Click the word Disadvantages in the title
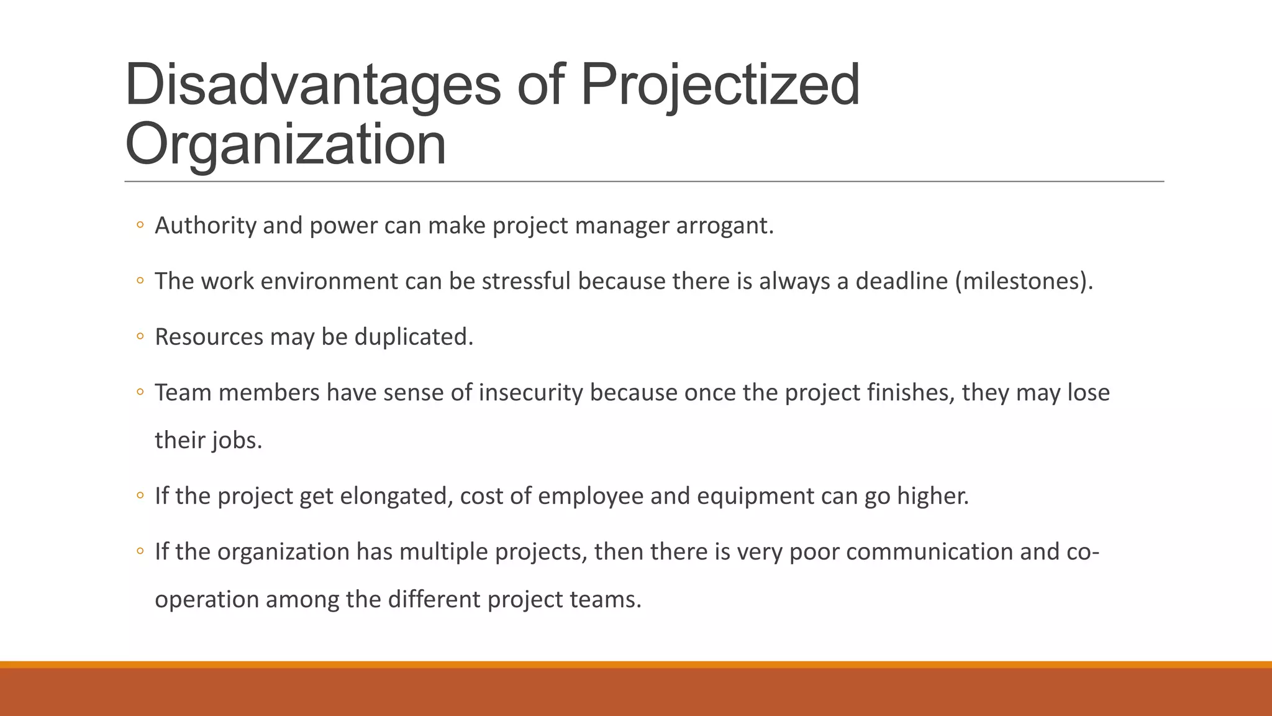[312, 85]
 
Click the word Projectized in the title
[720, 85]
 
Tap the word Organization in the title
[286, 144]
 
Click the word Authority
[205, 226]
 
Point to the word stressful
[526, 282]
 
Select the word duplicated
[414, 337]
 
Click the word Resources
[209, 337]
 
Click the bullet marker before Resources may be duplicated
[140, 337]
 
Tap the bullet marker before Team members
[140, 393]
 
